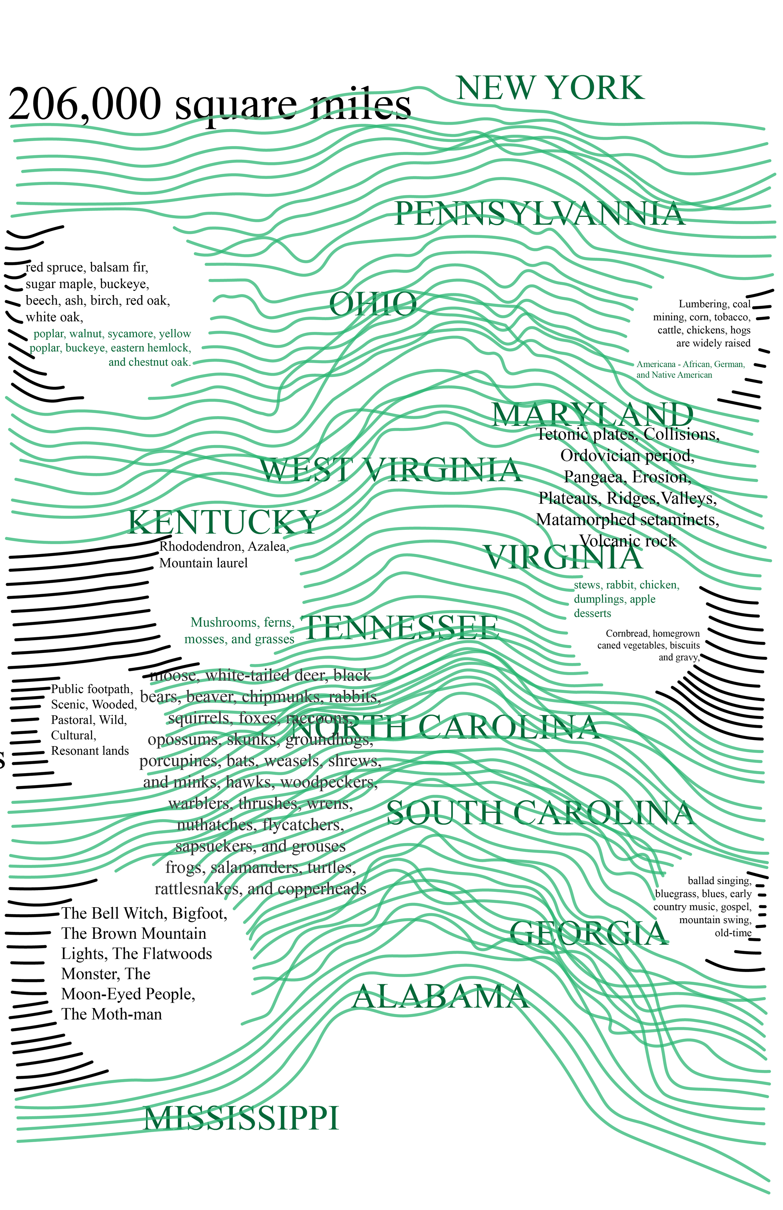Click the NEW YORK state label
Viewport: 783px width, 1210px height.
coord(550,88)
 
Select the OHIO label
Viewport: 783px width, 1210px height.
coord(373,304)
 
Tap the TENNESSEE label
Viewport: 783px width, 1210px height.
coord(401,628)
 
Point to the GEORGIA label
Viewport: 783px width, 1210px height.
coord(589,933)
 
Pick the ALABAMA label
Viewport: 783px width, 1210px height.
coord(440,997)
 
